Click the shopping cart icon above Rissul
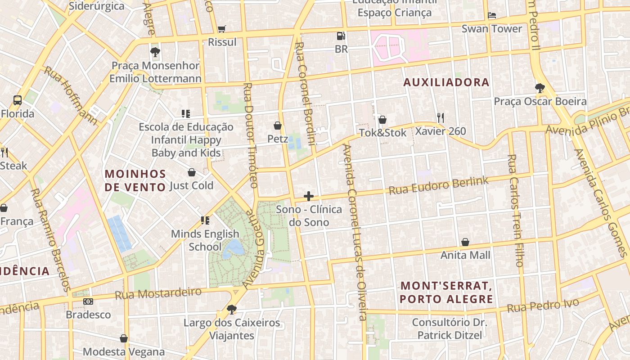tap(221, 29)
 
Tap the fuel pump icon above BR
tap(342, 36)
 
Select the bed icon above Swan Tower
tap(492, 16)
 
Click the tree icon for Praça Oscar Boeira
tap(540, 88)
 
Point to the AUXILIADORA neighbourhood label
tap(446, 82)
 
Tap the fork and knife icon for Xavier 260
tap(441, 118)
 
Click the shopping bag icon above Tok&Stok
tap(382, 120)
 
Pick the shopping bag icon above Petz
tap(278, 126)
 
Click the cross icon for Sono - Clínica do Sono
tap(309, 196)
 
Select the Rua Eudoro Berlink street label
tap(438, 185)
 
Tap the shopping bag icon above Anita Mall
tap(465, 242)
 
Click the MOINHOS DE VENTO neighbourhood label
tap(135, 180)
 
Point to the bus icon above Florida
tap(18, 100)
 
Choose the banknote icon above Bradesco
tap(88, 301)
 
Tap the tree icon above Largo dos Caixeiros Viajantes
tap(232, 309)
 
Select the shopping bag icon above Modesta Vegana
tap(124, 338)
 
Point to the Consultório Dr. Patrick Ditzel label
tap(450, 328)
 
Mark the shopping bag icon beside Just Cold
tap(192, 172)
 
